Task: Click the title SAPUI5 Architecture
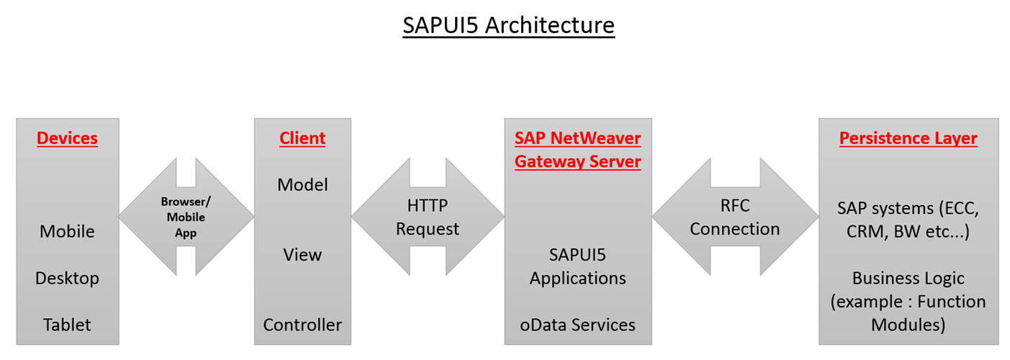(508, 25)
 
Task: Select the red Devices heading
(67, 138)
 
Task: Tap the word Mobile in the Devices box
(67, 231)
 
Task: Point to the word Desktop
(67, 278)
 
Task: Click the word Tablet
(67, 325)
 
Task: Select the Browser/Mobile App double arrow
(186, 217)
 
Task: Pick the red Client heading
(302, 138)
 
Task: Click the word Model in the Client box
(302, 185)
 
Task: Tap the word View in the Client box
(302, 255)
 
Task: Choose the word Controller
(302, 325)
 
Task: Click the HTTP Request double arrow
(428, 217)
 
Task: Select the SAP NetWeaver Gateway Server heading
(577, 150)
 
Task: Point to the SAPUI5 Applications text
(577, 266)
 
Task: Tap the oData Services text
(577, 325)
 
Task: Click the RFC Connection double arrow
(734, 217)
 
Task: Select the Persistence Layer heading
(908, 138)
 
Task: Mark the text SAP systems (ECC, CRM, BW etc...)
(908, 220)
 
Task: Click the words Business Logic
(908, 278)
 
